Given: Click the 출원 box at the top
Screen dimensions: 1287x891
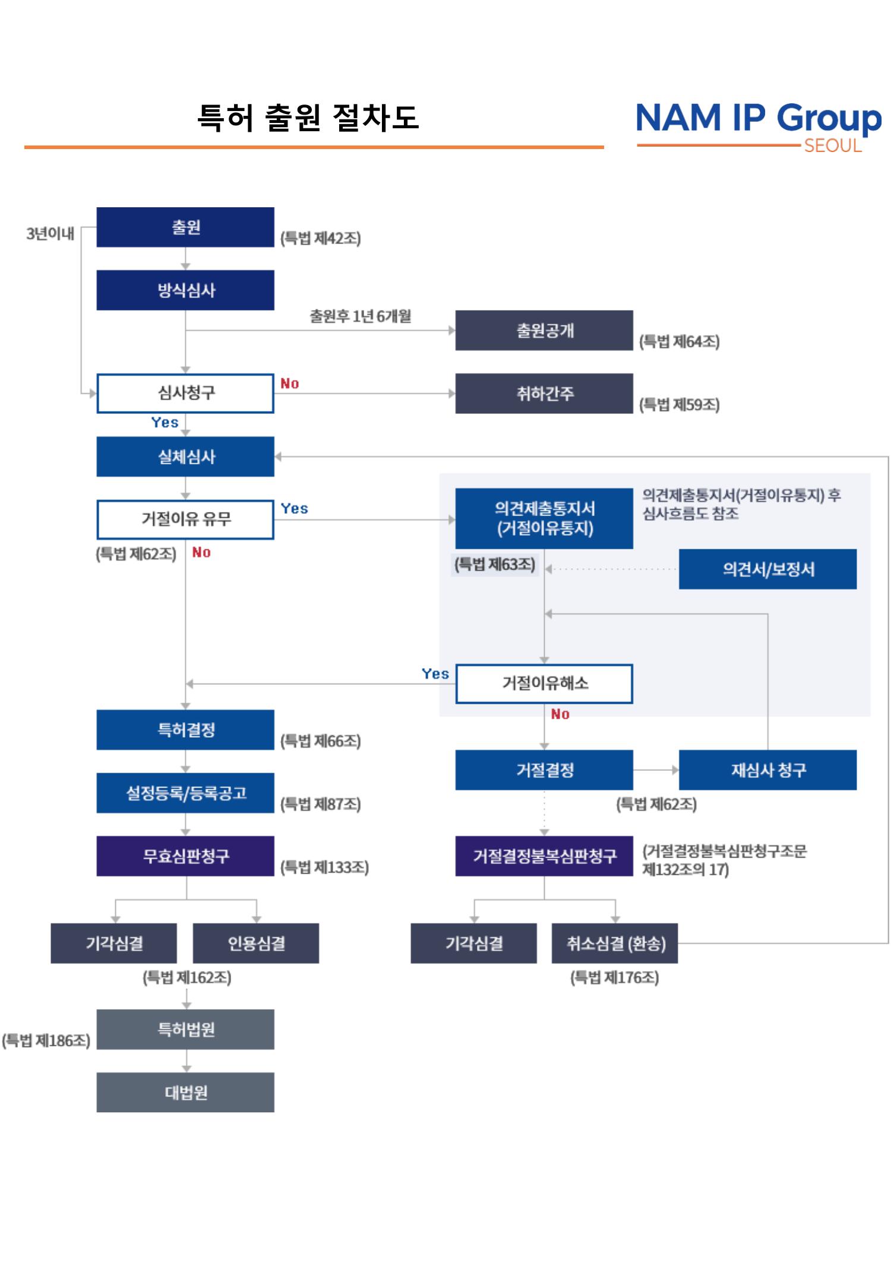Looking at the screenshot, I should click(x=185, y=227).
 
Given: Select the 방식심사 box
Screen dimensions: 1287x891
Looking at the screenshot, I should click(x=185, y=290).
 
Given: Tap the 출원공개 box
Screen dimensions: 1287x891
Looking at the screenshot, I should click(x=544, y=330).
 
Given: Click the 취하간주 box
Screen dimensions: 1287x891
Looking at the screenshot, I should click(x=544, y=393).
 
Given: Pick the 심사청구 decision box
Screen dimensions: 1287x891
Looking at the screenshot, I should click(x=185, y=393).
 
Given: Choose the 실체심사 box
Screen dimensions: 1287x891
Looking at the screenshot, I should click(x=185, y=457).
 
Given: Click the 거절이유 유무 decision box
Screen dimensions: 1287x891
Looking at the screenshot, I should click(x=185, y=519).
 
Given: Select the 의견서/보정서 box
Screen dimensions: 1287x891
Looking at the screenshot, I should click(x=767, y=569).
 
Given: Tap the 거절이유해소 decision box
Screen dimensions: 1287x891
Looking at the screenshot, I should click(x=544, y=683).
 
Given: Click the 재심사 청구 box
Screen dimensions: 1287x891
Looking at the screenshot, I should click(x=767, y=770).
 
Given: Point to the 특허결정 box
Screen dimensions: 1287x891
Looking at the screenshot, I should click(x=185, y=729).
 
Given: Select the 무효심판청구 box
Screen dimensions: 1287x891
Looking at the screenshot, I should click(x=185, y=856).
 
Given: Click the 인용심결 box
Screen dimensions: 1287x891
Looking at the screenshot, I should click(x=256, y=943).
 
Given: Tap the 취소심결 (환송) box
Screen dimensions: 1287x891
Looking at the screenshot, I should click(x=615, y=943).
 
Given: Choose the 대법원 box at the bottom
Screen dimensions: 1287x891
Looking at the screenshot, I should click(x=185, y=1092).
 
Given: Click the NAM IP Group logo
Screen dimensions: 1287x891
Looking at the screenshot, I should click(x=759, y=125).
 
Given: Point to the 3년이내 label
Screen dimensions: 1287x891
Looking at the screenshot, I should click(x=50, y=233).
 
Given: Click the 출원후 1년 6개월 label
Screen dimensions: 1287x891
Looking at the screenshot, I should click(x=360, y=316).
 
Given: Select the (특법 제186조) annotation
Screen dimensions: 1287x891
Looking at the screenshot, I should click(x=46, y=1040).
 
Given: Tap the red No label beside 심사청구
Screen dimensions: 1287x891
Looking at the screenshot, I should click(x=289, y=384).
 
